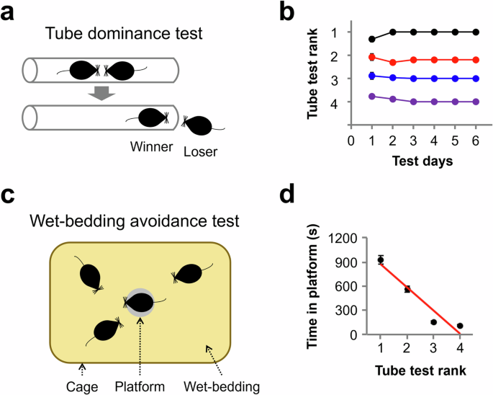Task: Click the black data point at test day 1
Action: [x=372, y=39]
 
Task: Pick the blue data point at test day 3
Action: [x=414, y=79]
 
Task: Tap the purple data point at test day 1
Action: [x=372, y=96]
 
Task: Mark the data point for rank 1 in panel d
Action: [x=381, y=259]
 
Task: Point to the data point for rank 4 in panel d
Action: [x=460, y=326]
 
